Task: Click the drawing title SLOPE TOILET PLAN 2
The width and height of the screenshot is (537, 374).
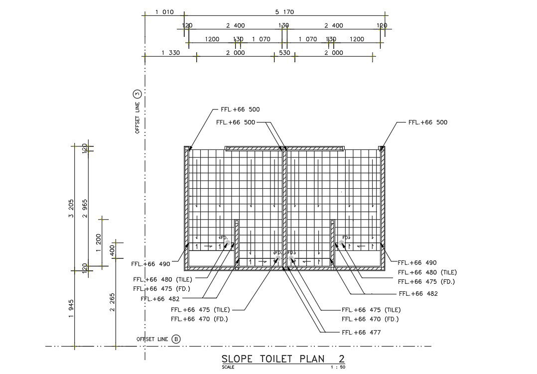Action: [x=283, y=359]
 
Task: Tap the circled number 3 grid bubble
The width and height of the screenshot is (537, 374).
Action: [x=137, y=94]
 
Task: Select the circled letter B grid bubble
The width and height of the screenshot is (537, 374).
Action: [x=176, y=340]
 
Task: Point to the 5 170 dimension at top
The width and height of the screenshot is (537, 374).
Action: [x=284, y=12]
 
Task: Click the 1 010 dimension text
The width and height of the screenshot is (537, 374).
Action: [x=164, y=12]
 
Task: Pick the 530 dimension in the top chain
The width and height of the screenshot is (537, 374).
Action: [x=284, y=53]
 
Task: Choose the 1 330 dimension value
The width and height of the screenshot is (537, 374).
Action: [x=170, y=53]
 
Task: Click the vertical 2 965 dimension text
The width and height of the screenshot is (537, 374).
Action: [x=85, y=208]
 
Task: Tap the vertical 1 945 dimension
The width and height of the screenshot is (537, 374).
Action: [x=71, y=309]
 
